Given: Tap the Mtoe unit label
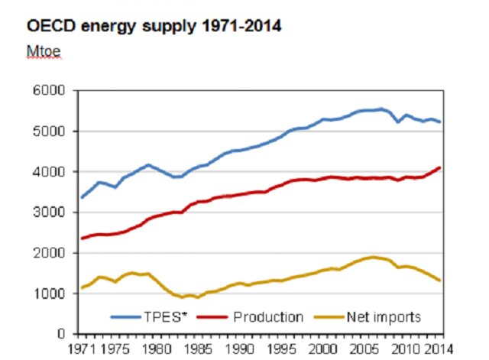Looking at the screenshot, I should [x=44, y=54].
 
